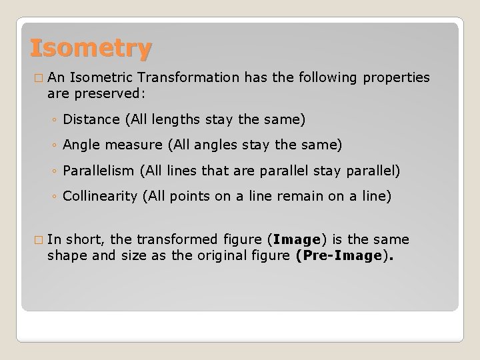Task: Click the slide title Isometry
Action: coord(91,49)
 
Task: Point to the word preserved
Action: coord(121,95)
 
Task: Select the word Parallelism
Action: coord(98,171)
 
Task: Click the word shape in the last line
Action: coord(65,255)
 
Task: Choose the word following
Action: coord(327,79)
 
